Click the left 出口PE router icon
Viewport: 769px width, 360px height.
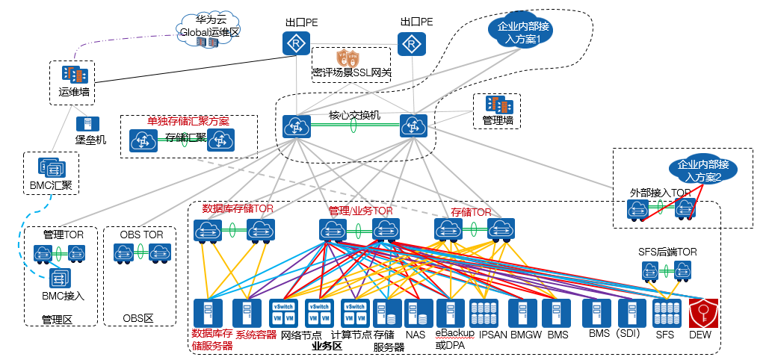click(x=296, y=44)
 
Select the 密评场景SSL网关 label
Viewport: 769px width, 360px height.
click(x=351, y=73)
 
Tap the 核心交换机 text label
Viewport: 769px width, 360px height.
click(x=354, y=115)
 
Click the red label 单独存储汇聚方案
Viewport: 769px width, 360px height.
click(x=188, y=121)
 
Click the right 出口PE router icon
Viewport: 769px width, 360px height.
click(x=410, y=44)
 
